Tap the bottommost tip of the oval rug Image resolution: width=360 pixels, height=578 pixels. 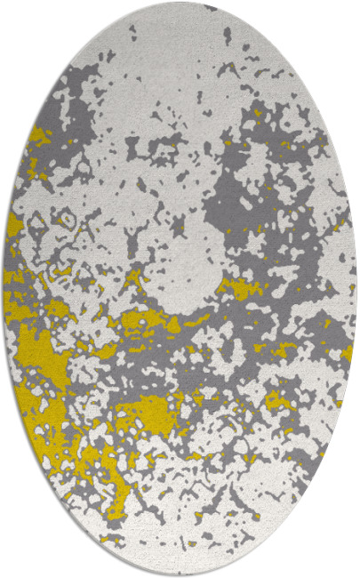(x=180, y=574)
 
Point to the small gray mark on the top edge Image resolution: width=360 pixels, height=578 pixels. (x=210, y=8)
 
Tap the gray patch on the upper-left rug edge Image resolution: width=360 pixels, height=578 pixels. (x=76, y=107)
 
